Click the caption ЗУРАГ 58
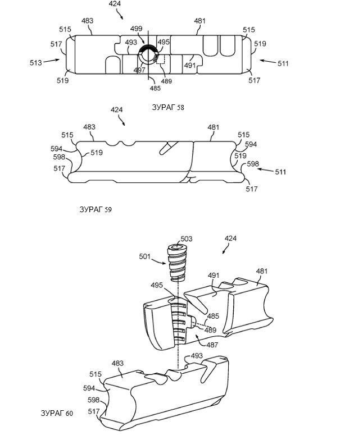coord(167,107)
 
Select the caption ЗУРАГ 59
coord(96,209)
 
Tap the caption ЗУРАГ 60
coord(57,413)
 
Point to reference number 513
coord(36,63)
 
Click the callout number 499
coord(136,29)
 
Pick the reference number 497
coord(139,70)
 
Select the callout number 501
coord(145,256)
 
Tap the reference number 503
coord(187,239)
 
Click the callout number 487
coord(212,345)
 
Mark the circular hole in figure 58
coord(148,55)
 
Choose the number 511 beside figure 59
coord(280,172)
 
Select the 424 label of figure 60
coord(230,239)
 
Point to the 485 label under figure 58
coord(155,88)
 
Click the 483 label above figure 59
coord(89,127)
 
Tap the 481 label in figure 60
coord(262,272)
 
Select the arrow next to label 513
coord(52,61)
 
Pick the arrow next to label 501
coord(158,262)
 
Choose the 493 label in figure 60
coord(197,356)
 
